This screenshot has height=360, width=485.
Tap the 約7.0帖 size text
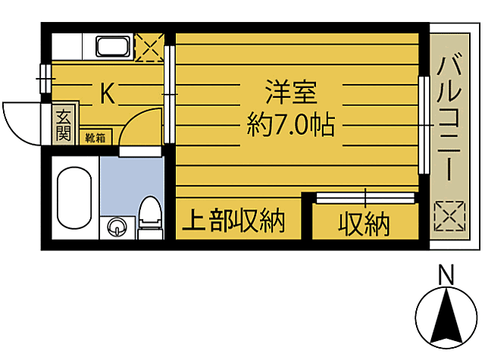pyautogui.click(x=291, y=125)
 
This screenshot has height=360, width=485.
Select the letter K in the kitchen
pyautogui.click(x=108, y=94)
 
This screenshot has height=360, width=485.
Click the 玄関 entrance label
pyautogui.click(x=63, y=127)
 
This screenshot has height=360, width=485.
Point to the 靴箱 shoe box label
pyautogui.click(x=95, y=137)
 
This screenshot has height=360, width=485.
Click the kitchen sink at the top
pyautogui.click(x=114, y=46)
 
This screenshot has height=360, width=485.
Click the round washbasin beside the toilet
pyautogui.click(x=117, y=226)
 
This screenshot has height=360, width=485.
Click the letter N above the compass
pyautogui.click(x=447, y=274)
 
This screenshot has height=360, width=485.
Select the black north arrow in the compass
pyautogui.click(x=447, y=318)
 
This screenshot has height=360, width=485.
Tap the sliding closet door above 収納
pyautogui.click(x=365, y=198)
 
